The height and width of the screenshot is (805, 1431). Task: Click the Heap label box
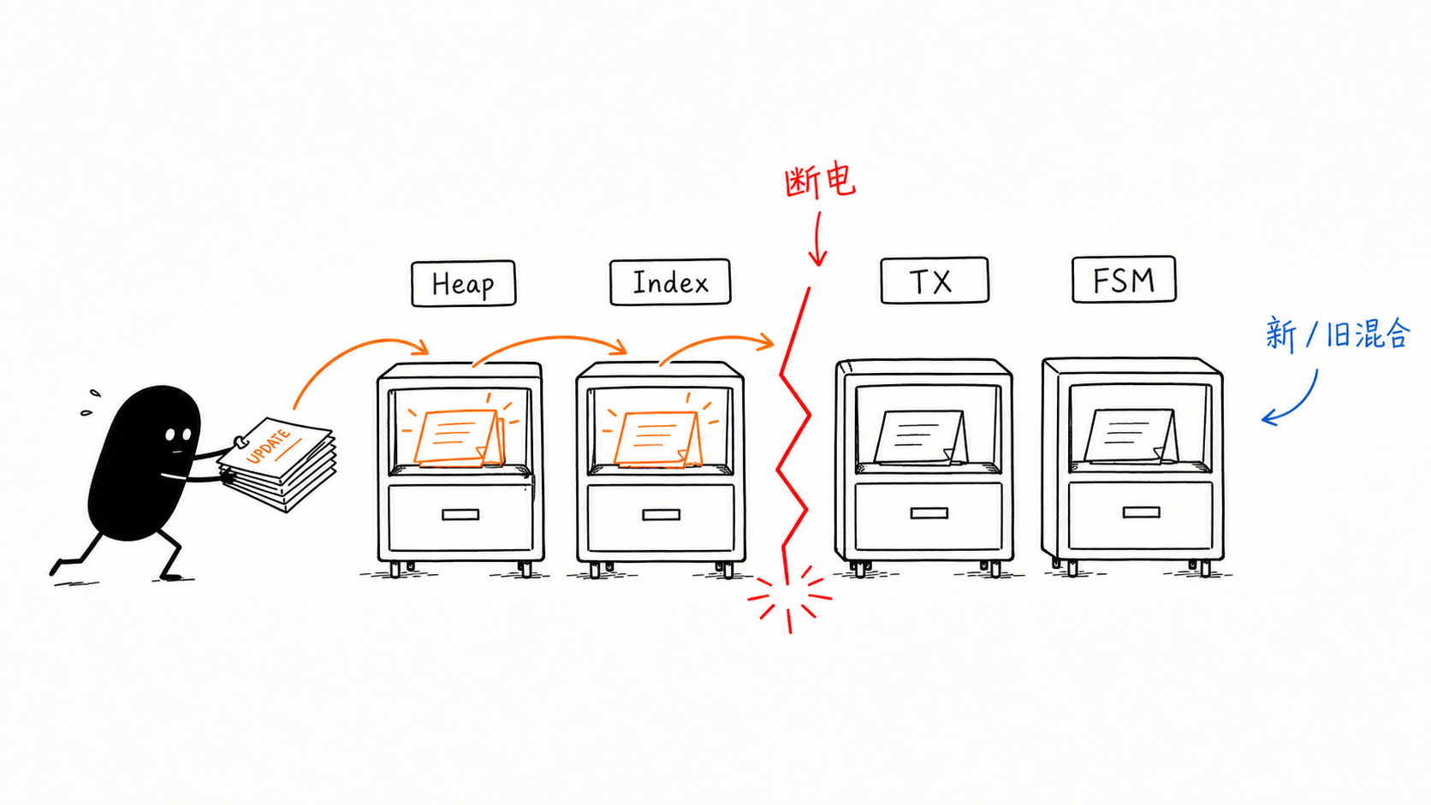[x=463, y=283]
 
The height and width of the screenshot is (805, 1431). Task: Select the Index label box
[x=670, y=282]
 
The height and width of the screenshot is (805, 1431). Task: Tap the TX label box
[x=934, y=281]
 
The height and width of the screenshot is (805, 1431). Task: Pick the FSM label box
[x=1124, y=279]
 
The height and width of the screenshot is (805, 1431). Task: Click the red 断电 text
[x=820, y=181]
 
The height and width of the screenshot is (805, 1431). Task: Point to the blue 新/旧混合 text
[x=1337, y=334]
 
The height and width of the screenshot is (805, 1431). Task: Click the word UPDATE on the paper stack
[x=269, y=447]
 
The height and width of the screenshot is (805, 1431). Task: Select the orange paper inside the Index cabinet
[x=658, y=440]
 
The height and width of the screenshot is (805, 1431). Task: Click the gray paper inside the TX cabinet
[x=921, y=436]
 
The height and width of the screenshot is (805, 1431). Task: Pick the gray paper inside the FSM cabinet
[x=1131, y=435]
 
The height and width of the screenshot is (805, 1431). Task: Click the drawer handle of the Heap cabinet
[x=460, y=514]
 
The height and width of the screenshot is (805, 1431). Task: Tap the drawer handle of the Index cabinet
[x=661, y=514]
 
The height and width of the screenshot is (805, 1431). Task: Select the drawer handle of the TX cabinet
[x=929, y=513]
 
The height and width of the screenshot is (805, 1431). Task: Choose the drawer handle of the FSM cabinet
[x=1141, y=512]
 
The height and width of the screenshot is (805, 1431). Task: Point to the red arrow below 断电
[x=817, y=239]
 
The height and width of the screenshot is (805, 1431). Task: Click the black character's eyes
[x=178, y=435]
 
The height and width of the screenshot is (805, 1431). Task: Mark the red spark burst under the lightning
[x=790, y=598]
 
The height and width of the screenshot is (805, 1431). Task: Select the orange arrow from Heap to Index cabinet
[x=549, y=339]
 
